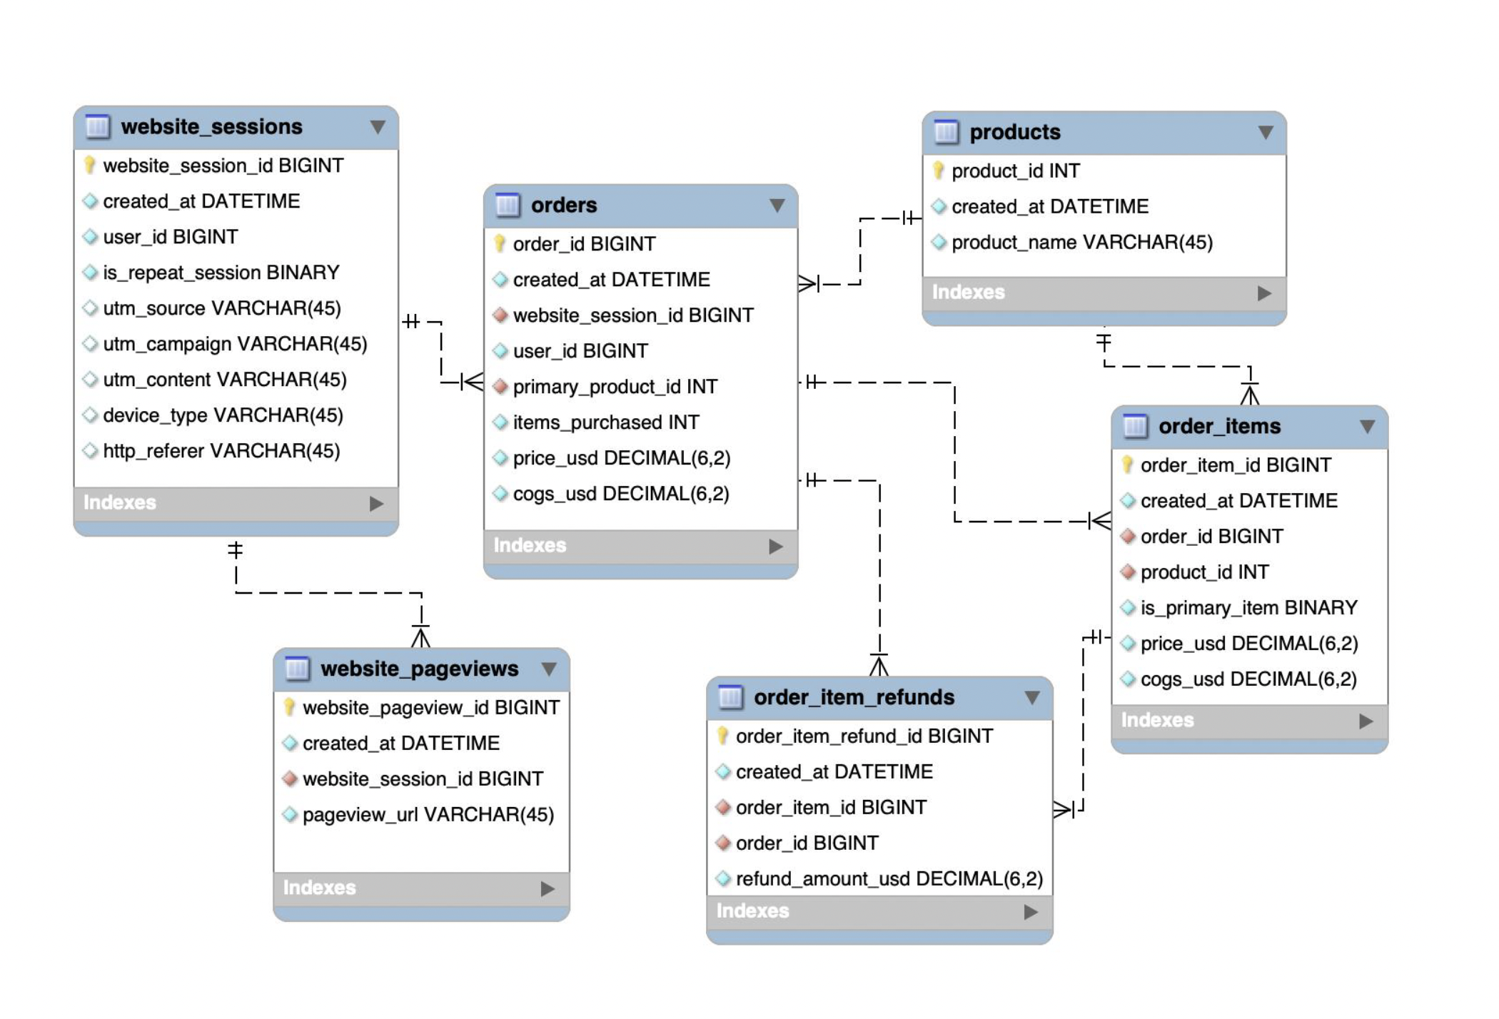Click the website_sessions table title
211,127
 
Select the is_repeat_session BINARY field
221,273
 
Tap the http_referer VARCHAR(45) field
221,451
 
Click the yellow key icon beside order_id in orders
500,244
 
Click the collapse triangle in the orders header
777,206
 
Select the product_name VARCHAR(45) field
1081,243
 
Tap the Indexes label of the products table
968,293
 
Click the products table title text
1014,132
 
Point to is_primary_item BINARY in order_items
1248,608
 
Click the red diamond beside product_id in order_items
1128,572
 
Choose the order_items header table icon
1135,426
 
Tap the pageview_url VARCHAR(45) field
428,815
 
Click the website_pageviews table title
419,669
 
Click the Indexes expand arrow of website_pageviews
547,888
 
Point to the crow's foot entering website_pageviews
420,637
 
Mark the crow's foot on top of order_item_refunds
879,665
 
